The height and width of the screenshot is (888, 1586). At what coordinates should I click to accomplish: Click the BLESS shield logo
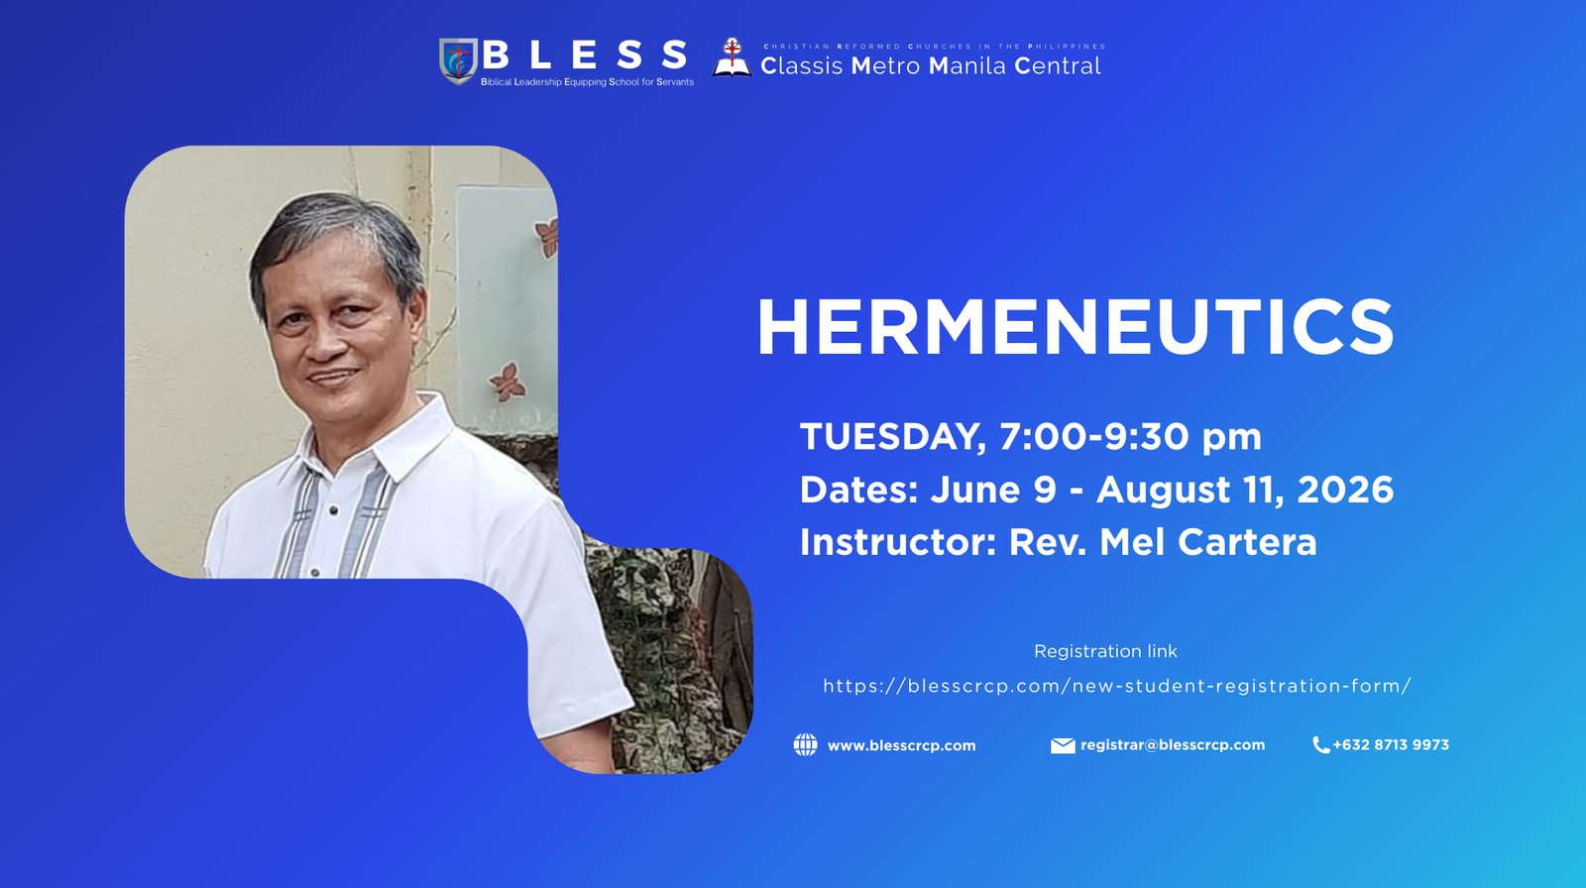point(457,61)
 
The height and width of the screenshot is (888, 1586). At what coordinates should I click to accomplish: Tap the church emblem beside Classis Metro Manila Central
point(732,57)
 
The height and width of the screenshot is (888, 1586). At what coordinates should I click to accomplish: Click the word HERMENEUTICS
point(1076,328)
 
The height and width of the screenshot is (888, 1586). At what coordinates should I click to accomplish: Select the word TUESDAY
point(891,437)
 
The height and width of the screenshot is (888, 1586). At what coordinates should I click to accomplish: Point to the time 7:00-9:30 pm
point(1130,437)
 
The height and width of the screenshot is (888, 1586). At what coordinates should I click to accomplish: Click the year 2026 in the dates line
point(1345,490)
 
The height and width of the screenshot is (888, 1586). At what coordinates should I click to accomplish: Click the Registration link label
point(1105,651)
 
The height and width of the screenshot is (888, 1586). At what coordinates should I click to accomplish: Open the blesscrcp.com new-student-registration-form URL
point(1117,686)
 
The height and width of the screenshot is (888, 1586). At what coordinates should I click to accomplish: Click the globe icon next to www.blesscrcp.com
point(806,745)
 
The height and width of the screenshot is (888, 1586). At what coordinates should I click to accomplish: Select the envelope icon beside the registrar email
point(1063,745)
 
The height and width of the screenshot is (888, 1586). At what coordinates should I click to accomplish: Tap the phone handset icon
point(1320,745)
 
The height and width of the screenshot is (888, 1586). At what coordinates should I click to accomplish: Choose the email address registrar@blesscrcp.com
point(1173,745)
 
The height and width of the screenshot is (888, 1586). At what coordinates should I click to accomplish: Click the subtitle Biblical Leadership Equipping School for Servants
point(587,82)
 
